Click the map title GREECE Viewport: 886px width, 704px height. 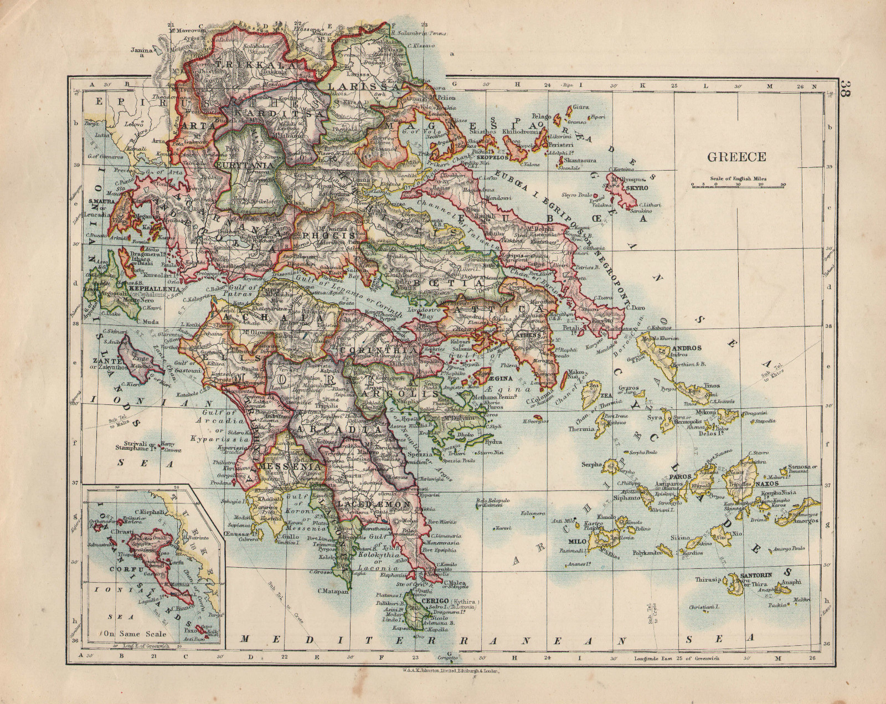[736, 157]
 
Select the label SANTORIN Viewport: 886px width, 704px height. [750, 576]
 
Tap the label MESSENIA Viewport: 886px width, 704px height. [283, 466]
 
